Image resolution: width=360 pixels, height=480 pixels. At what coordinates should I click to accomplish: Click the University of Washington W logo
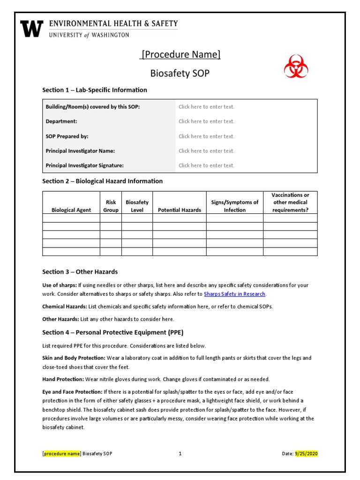pyautogui.click(x=32, y=29)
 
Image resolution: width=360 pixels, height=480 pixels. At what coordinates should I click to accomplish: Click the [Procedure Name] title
pyautogui.click(x=180, y=54)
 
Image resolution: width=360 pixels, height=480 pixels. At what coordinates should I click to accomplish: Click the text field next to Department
pyautogui.click(x=206, y=121)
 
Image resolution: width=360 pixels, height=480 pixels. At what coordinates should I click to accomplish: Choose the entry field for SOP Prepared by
pyautogui.click(x=206, y=136)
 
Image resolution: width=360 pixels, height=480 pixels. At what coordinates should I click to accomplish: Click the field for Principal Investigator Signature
pyautogui.click(x=206, y=165)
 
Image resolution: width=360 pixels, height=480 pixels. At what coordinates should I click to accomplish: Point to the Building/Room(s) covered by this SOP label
pyautogui.click(x=92, y=107)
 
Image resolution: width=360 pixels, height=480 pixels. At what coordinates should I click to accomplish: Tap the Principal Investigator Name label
pyautogui.click(x=80, y=151)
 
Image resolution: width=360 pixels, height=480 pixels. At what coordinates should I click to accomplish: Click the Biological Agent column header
pyautogui.click(x=71, y=210)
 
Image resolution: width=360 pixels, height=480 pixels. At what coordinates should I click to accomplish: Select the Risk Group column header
pyautogui.click(x=111, y=206)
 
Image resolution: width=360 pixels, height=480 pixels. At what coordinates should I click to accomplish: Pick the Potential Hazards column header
pyautogui.click(x=179, y=210)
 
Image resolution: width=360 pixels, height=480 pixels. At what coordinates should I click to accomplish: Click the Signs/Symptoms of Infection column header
pyautogui.click(x=234, y=206)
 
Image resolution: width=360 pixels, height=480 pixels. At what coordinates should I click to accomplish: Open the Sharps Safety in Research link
pyautogui.click(x=234, y=294)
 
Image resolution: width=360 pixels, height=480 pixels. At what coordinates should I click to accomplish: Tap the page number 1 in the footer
pyautogui.click(x=180, y=454)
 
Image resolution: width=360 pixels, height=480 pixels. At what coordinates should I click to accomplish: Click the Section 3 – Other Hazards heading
pyautogui.click(x=80, y=272)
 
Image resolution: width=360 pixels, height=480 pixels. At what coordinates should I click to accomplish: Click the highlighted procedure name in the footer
pyautogui.click(x=62, y=454)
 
